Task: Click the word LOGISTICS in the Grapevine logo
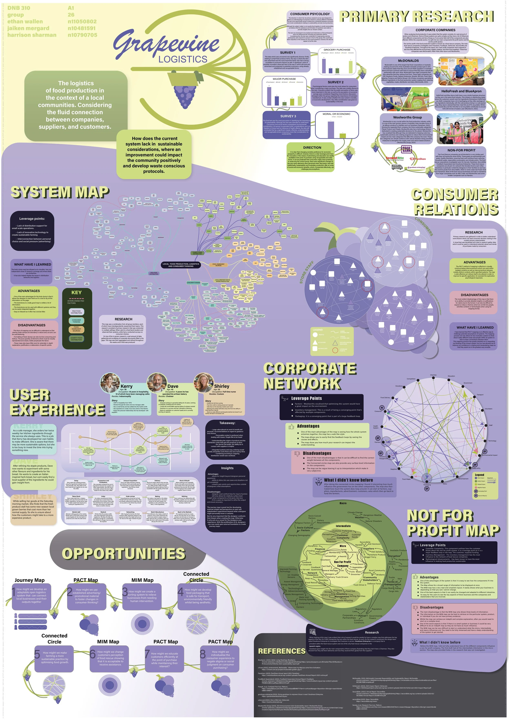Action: click(183, 59)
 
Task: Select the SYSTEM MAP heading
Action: click(60, 192)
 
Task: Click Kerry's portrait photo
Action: click(110, 383)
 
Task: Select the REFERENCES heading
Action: click(282, 651)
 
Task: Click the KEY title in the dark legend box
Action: click(76, 292)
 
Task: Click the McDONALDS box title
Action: click(408, 60)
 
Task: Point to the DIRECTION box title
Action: click(312, 147)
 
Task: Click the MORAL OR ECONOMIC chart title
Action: click(336, 114)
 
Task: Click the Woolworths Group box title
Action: click(407, 117)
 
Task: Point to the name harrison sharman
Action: click(32, 35)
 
